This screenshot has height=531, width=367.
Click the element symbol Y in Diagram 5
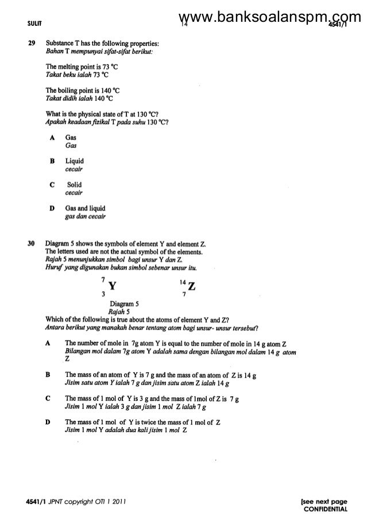point(111,286)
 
